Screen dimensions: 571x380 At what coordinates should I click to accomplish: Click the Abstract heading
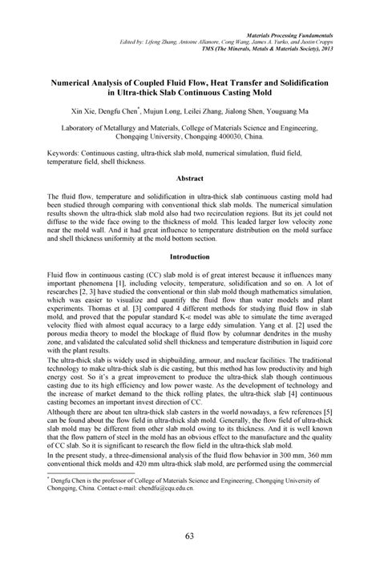(190, 179)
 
